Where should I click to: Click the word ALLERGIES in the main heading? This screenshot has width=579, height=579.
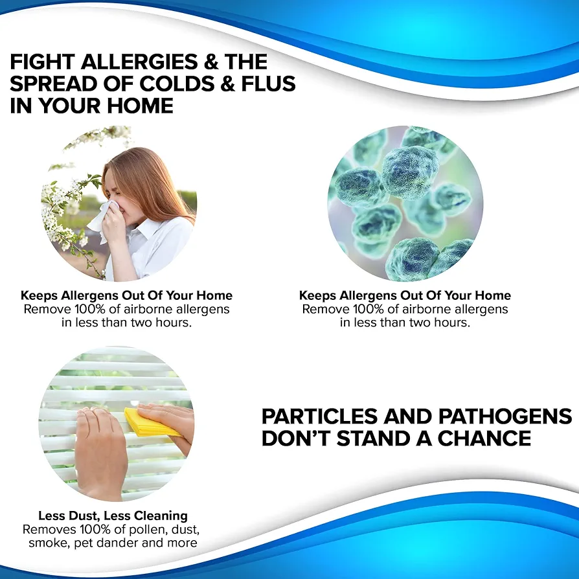pos(139,62)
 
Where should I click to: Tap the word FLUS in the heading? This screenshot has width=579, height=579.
pos(268,84)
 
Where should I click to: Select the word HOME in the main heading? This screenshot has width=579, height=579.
pos(140,106)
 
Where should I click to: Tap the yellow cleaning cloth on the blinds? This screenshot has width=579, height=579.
pos(151,422)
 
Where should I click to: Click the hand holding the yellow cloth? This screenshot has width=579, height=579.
pos(169,424)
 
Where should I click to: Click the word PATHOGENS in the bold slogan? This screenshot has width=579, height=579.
pos(505,416)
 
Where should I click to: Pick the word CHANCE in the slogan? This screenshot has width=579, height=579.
pos(484,438)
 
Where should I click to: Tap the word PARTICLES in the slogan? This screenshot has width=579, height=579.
pos(319,416)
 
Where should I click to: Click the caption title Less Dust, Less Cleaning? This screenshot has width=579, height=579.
pos(113,516)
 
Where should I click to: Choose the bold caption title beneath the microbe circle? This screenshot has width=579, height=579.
pos(405,295)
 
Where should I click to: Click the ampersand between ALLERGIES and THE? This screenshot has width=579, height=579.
pos(211,62)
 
